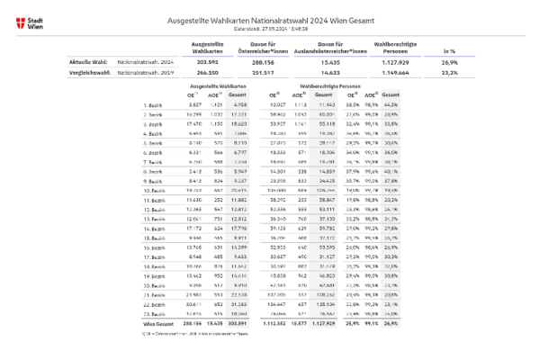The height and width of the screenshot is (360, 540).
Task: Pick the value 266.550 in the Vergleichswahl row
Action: click(208, 74)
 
